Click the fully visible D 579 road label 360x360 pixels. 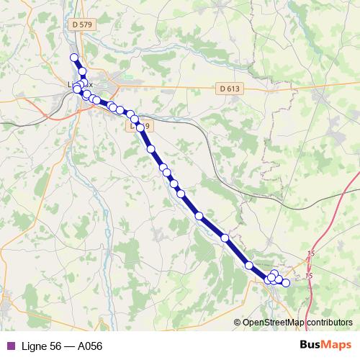click(84, 24)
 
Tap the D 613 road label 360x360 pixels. click(228, 89)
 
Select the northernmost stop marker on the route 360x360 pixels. click(73, 58)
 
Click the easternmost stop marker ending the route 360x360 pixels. click(286, 283)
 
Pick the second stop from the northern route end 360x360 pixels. click(82, 71)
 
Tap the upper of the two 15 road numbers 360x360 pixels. click(311, 253)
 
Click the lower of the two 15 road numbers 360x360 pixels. click(310, 276)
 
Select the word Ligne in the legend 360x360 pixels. click(33, 346)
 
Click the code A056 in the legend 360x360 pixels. click(89, 346)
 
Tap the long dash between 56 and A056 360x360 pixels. click(69, 346)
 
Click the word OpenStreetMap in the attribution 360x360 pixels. click(274, 322)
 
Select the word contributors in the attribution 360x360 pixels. click(328, 322)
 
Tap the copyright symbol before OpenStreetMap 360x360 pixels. click(238, 322)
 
